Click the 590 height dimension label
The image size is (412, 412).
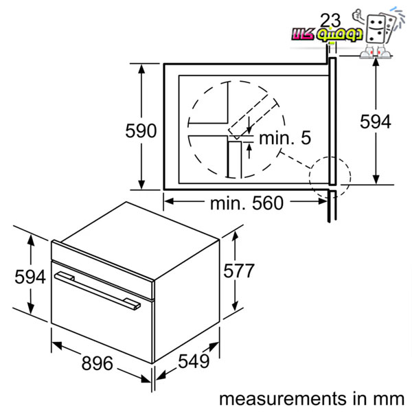click(141, 130)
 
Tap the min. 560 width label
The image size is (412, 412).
click(247, 203)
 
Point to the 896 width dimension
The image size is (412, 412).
click(98, 363)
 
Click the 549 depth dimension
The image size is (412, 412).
click(194, 361)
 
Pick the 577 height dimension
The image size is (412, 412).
click(239, 271)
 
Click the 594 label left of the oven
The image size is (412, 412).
click(30, 277)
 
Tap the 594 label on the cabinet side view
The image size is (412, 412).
click(376, 122)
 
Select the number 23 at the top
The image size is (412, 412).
click(330, 20)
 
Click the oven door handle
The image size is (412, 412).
click(98, 290)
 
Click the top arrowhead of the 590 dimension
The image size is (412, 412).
click(141, 69)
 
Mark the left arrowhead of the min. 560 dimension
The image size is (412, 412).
click(169, 201)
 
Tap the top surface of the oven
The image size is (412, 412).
click(139, 241)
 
